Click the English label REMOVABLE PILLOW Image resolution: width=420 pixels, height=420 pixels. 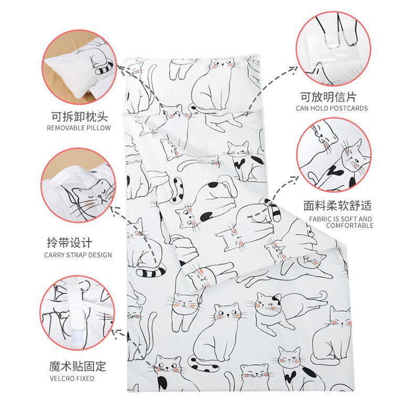(x=79, y=128)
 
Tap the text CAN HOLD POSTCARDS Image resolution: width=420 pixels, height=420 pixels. (x=332, y=108)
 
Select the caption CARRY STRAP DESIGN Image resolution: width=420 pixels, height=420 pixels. (x=78, y=255)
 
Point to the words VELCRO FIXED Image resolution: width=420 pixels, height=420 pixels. (x=72, y=379)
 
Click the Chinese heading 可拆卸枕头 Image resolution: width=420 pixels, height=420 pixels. (x=80, y=117)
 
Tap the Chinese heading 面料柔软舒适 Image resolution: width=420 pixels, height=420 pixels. (x=338, y=205)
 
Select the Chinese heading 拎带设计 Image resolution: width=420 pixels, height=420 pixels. (x=70, y=243)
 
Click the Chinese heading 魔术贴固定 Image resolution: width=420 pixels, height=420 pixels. (x=78, y=366)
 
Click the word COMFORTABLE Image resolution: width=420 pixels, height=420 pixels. (x=350, y=226)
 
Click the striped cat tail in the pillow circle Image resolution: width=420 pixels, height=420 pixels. (x=104, y=69)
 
